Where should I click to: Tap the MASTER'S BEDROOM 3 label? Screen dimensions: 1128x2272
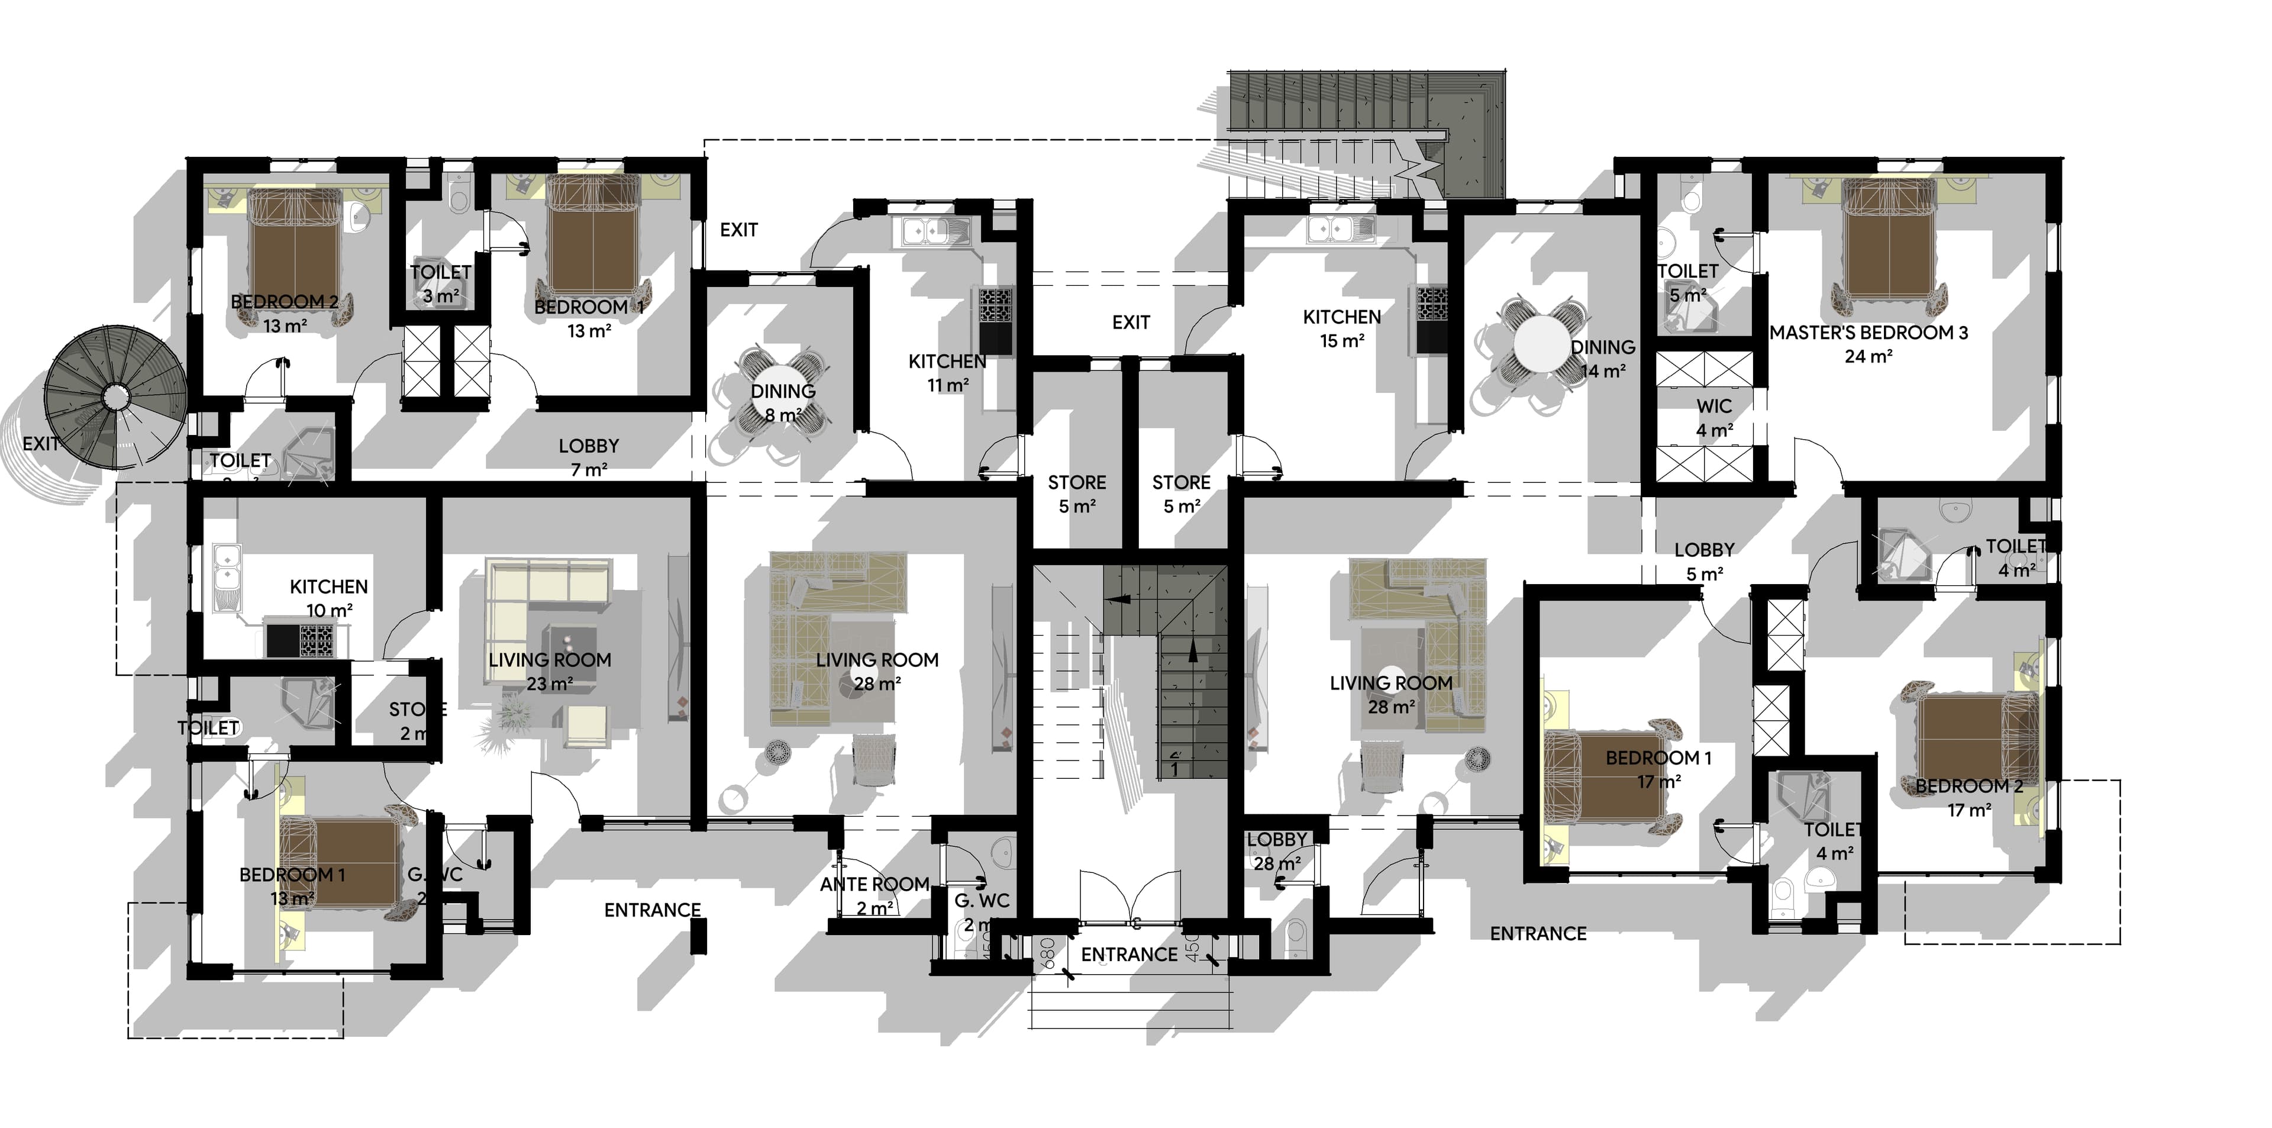pos(1868,333)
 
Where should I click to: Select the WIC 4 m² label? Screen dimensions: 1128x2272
pos(1713,418)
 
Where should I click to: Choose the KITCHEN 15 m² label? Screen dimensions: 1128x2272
pos(1341,328)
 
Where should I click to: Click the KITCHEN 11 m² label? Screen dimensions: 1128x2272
pos(947,372)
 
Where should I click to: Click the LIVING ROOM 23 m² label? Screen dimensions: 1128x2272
pos(550,671)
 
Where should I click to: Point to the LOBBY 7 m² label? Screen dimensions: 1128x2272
pos(588,457)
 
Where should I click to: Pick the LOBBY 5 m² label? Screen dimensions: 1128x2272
pos(1704,561)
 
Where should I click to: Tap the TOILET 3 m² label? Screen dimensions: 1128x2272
pos(440,283)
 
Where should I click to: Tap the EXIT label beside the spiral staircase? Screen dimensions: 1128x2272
pos(41,444)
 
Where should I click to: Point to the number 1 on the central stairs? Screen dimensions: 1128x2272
pos(1174,768)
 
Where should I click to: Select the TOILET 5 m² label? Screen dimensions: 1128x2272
pos(1687,282)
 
